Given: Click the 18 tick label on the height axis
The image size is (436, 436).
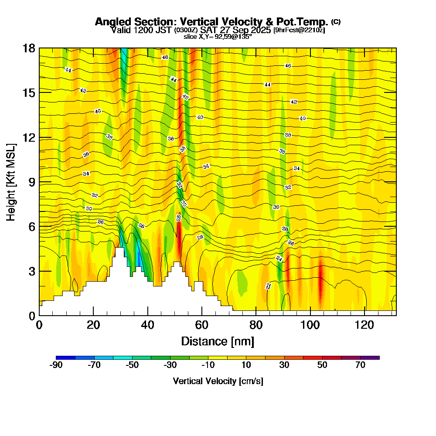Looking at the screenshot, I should (x=29, y=48).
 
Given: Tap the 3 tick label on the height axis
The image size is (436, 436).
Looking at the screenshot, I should (x=31, y=271).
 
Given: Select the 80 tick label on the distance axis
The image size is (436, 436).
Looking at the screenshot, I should (x=256, y=325).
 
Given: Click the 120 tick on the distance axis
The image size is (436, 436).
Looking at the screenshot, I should (x=364, y=315).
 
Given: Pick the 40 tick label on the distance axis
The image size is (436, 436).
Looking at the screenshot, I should (x=148, y=325).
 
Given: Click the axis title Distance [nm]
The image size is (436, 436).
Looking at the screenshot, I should (x=218, y=341).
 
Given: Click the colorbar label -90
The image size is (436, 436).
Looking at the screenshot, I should (x=56, y=365).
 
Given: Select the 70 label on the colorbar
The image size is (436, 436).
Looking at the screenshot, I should (x=360, y=365).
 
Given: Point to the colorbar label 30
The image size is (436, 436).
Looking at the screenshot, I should (x=284, y=365).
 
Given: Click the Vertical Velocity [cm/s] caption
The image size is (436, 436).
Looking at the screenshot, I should (x=218, y=381).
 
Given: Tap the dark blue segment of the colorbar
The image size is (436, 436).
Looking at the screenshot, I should (x=65, y=358).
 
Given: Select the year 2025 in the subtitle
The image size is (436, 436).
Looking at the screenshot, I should (x=257, y=30).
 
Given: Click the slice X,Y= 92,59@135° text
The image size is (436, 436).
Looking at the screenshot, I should (x=218, y=37).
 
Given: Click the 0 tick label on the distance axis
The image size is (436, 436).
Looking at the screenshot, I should (x=39, y=325).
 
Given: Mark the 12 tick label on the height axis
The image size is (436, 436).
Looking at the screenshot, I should (x=29, y=137).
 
